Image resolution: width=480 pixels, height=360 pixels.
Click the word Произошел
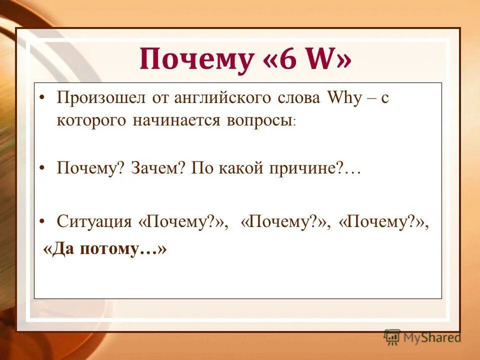click(103, 98)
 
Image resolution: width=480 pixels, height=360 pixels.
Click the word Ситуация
click(94, 221)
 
